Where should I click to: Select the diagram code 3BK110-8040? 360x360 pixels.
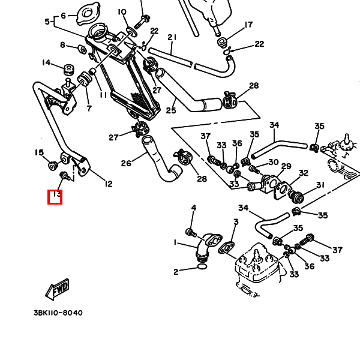point(58,313)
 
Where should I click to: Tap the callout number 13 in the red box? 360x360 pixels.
point(55,196)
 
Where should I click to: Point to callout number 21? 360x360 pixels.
point(172,37)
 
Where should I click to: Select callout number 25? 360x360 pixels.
point(171,110)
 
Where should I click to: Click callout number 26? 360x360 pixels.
point(126,163)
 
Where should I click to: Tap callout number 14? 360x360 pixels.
point(46,63)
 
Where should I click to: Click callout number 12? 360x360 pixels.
point(108,184)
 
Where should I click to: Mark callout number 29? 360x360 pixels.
point(286,166)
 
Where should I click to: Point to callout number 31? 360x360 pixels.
point(320,185)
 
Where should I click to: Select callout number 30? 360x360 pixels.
point(273,162)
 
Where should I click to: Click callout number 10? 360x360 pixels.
point(122,11)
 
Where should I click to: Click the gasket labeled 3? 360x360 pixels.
point(227,247)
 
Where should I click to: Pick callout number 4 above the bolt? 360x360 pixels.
point(193,208)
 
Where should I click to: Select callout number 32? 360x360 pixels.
point(304,173)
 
